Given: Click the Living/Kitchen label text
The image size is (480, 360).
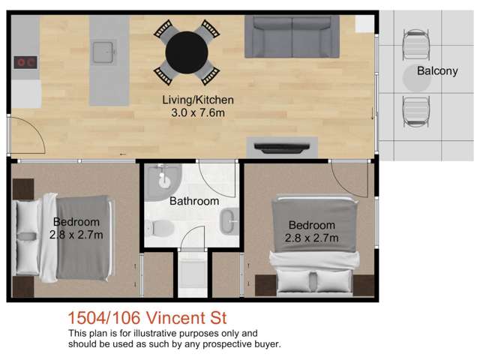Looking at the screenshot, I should click(x=198, y=100).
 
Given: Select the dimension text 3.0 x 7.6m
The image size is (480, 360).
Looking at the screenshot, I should click(x=198, y=112).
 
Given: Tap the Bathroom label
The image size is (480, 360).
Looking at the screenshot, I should click(x=193, y=201).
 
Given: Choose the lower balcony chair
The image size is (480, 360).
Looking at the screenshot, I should click(x=415, y=111).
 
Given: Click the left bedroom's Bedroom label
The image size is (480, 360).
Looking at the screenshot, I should click(x=76, y=222).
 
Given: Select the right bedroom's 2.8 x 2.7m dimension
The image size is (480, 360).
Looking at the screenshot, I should click(x=311, y=238).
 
